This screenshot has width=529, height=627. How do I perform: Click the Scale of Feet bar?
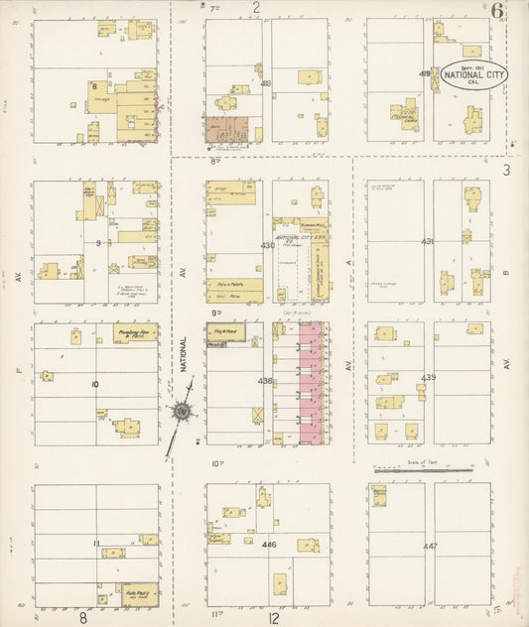(x=424, y=467)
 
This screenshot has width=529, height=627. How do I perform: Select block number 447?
(x=429, y=547)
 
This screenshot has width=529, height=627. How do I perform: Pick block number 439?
(x=429, y=378)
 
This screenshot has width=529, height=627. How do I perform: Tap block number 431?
(x=428, y=241)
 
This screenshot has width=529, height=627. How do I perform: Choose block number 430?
(x=267, y=244)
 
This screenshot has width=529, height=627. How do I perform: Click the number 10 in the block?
(x=95, y=383)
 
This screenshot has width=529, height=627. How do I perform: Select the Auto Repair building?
(x=139, y=594)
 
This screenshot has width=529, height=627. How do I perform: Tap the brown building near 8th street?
(x=226, y=130)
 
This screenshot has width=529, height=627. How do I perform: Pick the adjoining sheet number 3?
(x=506, y=171)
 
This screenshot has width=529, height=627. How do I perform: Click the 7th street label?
(x=213, y=6)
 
